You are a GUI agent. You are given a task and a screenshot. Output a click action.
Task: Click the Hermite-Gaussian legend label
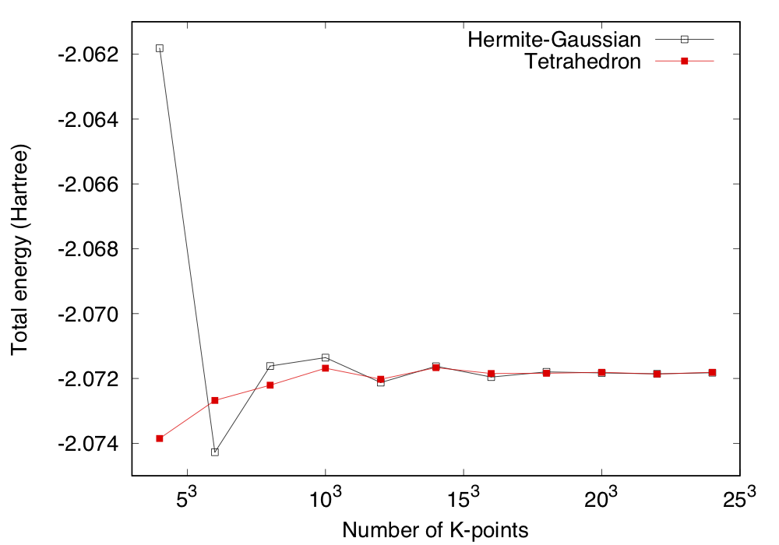(x=555, y=39)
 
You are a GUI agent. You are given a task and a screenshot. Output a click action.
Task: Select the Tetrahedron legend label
(x=583, y=62)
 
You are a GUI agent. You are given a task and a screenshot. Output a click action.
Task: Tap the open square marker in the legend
(x=685, y=39)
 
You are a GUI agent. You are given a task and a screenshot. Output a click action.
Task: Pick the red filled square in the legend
(x=685, y=62)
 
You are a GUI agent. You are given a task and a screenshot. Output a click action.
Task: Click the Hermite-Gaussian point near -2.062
(x=160, y=48)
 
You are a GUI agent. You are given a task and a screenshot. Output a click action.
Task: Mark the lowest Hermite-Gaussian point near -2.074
(x=215, y=452)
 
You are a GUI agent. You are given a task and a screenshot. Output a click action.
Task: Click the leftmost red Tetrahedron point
(x=160, y=438)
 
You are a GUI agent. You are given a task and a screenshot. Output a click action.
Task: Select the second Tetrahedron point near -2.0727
(x=215, y=400)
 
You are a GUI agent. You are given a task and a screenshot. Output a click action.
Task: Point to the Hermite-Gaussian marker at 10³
(x=326, y=357)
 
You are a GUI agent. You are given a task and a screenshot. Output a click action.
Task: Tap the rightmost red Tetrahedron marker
(x=712, y=372)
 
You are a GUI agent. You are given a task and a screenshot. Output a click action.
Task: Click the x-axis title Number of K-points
(x=435, y=530)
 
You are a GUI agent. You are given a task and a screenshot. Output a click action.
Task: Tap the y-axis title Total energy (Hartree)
(x=20, y=249)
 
